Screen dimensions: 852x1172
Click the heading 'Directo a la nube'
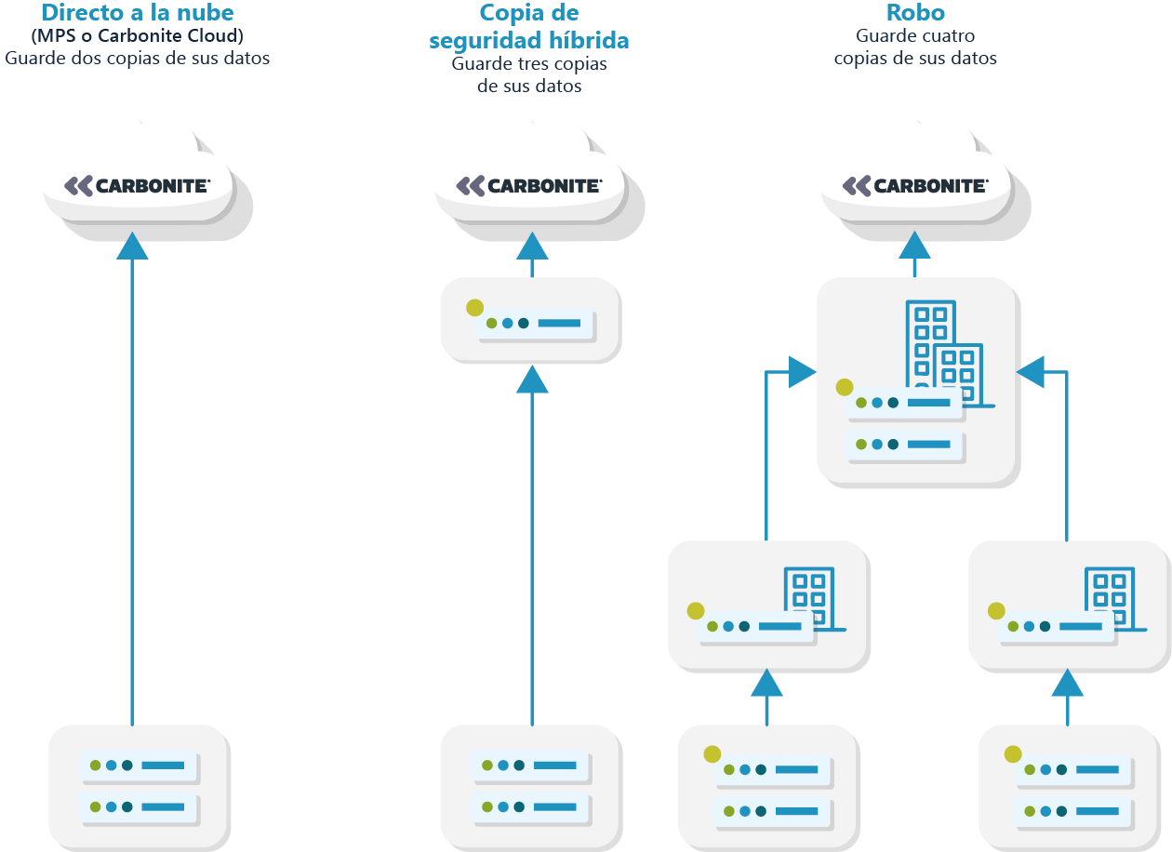(137, 13)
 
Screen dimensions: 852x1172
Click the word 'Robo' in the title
(915, 13)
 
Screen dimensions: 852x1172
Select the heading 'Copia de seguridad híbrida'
(528, 27)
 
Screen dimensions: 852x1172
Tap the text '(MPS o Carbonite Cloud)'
(137, 37)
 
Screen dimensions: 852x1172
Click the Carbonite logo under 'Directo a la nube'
(137, 186)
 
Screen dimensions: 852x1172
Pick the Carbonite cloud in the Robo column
(915, 186)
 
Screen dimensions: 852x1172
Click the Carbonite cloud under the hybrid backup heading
(528, 186)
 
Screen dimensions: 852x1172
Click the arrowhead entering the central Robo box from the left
(802, 372)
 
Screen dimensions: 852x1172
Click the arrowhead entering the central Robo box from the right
(1031, 372)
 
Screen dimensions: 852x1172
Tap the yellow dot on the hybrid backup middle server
(474, 307)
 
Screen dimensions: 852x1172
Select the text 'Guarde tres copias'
(528, 64)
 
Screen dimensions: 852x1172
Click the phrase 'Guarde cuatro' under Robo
(915, 37)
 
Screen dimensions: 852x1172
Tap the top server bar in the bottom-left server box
(139, 765)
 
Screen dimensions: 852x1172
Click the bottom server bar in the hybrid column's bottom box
(530, 806)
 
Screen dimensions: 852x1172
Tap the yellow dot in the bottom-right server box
(1013, 753)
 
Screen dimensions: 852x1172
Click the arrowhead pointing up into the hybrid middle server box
(532, 379)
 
